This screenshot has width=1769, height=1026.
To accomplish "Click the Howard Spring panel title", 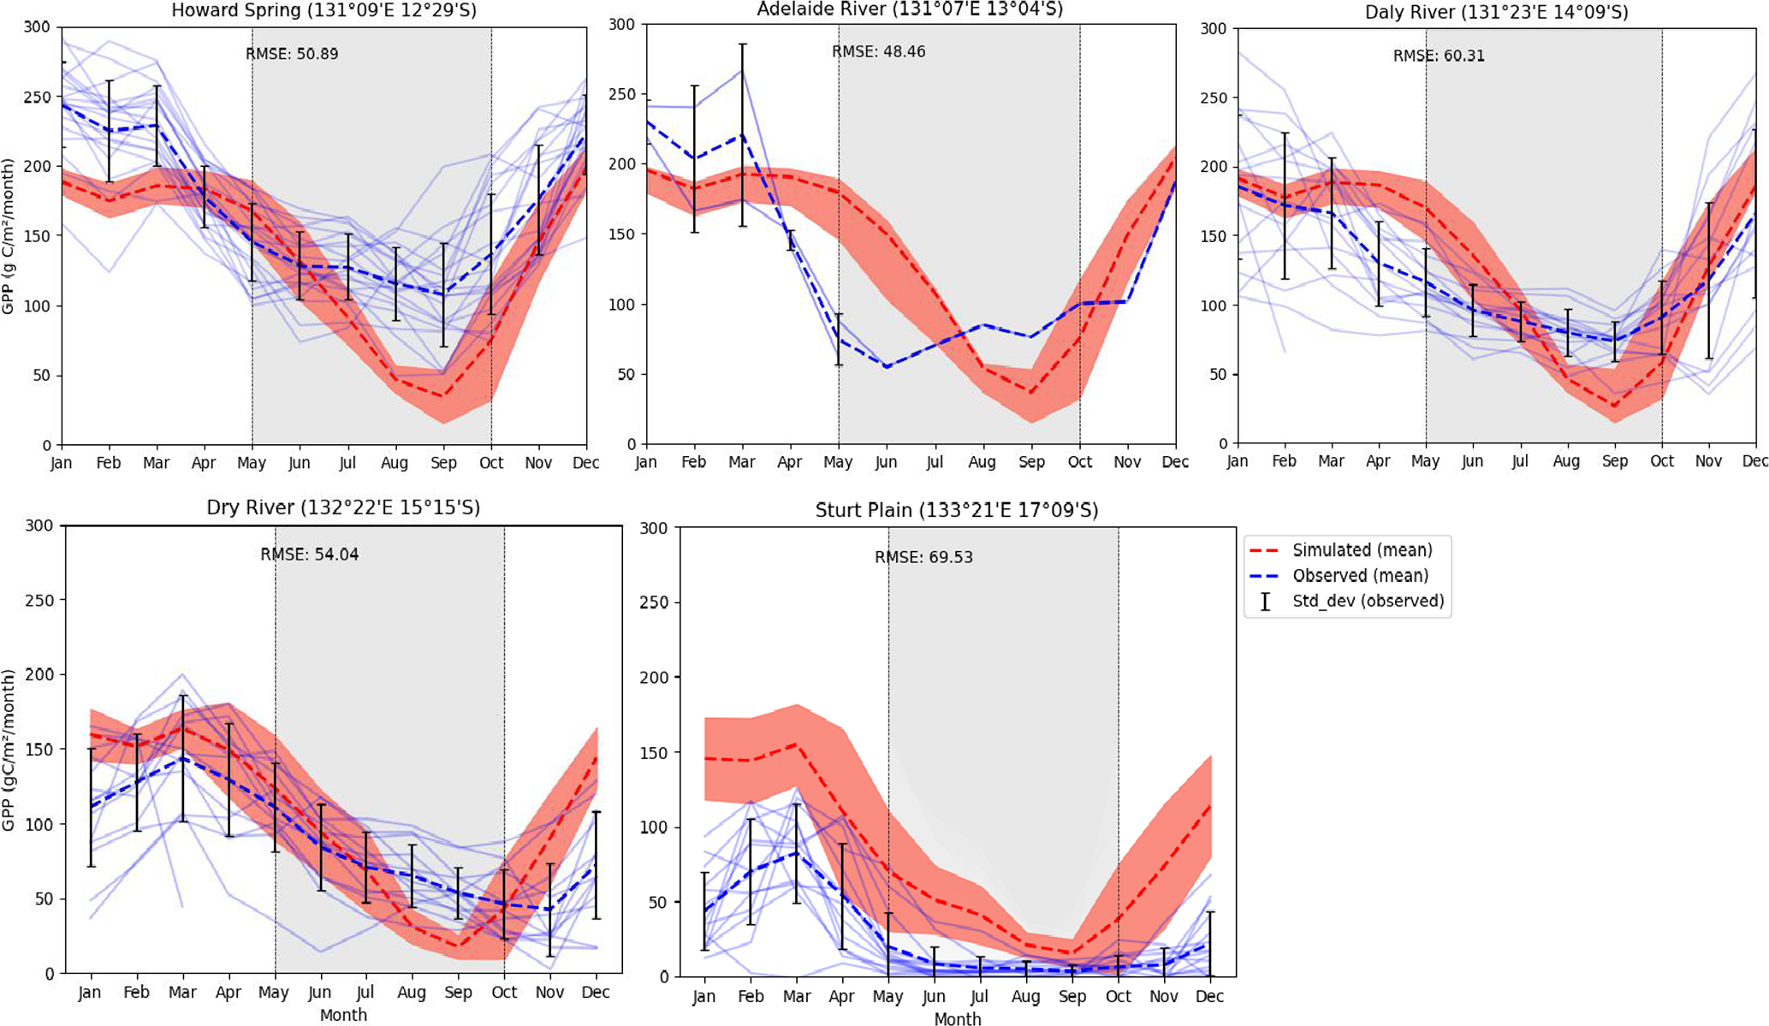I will (x=324, y=11).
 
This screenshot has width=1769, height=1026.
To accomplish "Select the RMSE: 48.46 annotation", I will (x=878, y=52).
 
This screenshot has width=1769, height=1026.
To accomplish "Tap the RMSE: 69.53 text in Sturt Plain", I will (x=923, y=558).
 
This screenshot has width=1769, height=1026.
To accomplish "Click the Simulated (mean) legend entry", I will (x=1362, y=550).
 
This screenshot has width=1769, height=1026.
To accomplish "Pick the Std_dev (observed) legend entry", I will (x=1368, y=601).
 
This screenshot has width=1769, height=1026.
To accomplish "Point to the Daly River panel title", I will (x=1496, y=12).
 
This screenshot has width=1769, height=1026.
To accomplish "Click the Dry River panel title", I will (x=343, y=508).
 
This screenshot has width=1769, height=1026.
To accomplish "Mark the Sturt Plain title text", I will (x=956, y=511).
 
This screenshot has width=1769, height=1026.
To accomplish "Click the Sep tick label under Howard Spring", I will (x=443, y=463).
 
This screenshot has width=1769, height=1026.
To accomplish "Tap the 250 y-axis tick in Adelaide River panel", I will (x=622, y=94).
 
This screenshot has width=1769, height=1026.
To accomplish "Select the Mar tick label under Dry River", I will (x=182, y=993).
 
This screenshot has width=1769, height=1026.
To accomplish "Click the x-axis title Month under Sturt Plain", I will (x=957, y=1019).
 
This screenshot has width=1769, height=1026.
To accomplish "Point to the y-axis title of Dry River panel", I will (x=9, y=750).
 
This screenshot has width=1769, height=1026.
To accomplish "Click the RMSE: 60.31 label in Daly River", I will (x=1439, y=56).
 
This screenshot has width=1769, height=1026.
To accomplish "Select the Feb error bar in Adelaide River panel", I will (x=694, y=158).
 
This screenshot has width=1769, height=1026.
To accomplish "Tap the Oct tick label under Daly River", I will (x=1661, y=461).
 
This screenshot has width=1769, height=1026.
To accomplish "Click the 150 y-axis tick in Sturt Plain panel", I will (x=654, y=752).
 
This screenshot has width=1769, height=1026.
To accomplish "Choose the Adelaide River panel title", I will (x=910, y=9).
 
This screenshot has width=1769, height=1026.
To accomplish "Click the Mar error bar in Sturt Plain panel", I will (x=797, y=853).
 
